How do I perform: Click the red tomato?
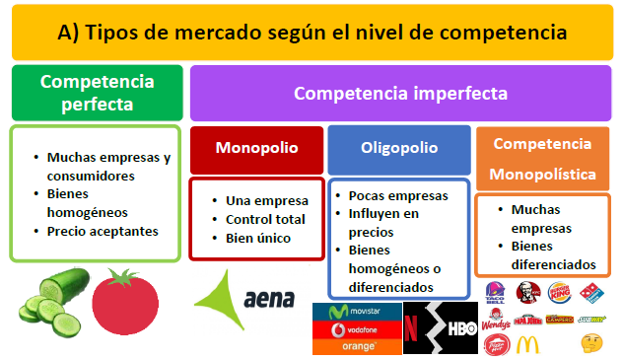click(133, 300)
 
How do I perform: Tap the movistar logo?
click(358, 312)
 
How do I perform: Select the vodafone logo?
click(358, 329)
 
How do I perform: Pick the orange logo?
click(358, 346)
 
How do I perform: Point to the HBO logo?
click(461, 329)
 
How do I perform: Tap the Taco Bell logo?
click(496, 292)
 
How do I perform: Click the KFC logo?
click(527, 292)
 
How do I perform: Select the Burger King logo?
click(559, 293)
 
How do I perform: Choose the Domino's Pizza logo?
click(591, 293)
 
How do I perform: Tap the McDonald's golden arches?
click(528, 345)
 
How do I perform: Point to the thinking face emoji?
click(591, 344)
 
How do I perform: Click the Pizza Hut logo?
click(496, 345)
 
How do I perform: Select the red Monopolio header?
click(256, 148)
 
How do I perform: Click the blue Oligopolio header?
click(399, 148)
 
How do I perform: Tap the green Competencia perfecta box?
click(97, 92)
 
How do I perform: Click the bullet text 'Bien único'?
click(260, 238)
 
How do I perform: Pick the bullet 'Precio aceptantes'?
click(102, 232)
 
